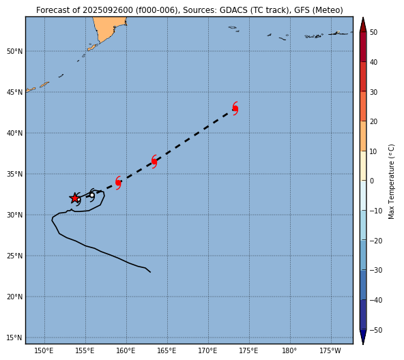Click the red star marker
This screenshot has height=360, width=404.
[74, 198]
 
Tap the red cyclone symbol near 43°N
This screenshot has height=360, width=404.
[235, 108]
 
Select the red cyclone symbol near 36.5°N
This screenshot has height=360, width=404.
[154, 162]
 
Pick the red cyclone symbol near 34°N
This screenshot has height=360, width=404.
[118, 183]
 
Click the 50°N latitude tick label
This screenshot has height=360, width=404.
[15, 52]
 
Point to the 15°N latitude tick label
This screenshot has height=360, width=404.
[15, 337]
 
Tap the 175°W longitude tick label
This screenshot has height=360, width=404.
[330, 350]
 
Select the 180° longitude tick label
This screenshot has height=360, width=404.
[289, 350]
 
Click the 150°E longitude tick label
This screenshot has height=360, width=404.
[44, 350]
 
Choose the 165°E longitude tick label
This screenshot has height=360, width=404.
[167, 350]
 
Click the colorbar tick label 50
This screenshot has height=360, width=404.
[373, 33]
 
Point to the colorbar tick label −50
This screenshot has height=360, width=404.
[376, 330]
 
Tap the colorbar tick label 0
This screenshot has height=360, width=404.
[372, 181]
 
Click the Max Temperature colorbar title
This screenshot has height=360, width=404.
[391, 181]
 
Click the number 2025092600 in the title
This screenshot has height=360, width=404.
[107, 10]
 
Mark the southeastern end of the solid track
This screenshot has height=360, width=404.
[150, 272]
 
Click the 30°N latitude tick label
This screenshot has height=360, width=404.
[15, 215]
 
